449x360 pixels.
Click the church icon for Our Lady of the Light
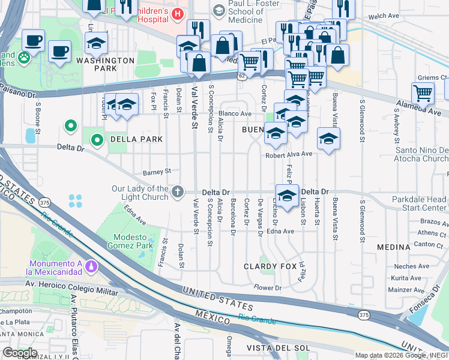tap(177, 192)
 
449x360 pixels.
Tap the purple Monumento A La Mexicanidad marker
tap(90, 265)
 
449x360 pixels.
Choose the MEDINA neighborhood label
tap(393, 247)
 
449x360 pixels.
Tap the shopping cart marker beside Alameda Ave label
tap(423, 94)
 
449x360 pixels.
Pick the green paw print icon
tap(23, 58)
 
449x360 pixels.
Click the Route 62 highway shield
tap(241, 76)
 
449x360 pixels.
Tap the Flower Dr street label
tap(268, 288)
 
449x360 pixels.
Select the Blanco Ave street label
tap(235, 113)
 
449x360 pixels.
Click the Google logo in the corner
tap(20, 352)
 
